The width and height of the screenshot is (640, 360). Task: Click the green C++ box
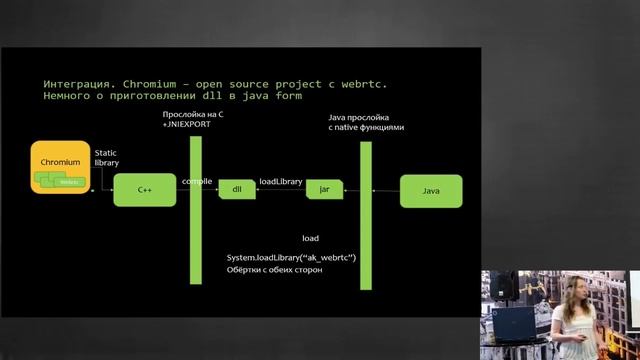tap(144, 188)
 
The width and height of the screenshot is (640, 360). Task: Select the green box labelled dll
tap(237, 189)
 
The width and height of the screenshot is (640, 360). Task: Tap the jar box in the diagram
tap(324, 189)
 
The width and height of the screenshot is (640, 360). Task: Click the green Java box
tap(431, 190)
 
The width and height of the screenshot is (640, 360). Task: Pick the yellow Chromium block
tap(60, 168)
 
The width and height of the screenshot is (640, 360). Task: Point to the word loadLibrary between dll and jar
tap(281, 182)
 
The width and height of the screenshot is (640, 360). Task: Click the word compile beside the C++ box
tap(196, 182)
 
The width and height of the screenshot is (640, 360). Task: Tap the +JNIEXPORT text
tap(185, 128)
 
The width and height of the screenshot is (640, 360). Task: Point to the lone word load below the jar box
tap(310, 238)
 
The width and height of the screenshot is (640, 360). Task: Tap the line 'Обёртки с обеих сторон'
tap(275, 270)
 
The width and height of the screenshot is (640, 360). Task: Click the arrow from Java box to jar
tap(371, 189)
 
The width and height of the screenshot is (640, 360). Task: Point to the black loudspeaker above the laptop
tap(506, 286)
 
